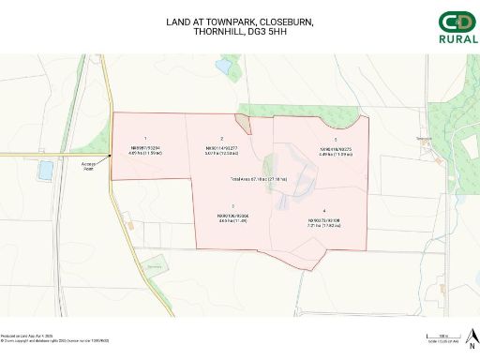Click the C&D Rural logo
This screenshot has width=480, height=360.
click(x=457, y=27)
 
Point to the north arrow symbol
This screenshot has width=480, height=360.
click(x=472, y=335)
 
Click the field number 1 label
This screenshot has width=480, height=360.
click(x=145, y=139)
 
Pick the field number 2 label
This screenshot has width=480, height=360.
click(x=221, y=139)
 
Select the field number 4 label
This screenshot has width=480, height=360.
click(x=323, y=210)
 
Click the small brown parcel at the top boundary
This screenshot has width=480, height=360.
click(x=242, y=122)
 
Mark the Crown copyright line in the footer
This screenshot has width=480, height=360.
click(x=54, y=340)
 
